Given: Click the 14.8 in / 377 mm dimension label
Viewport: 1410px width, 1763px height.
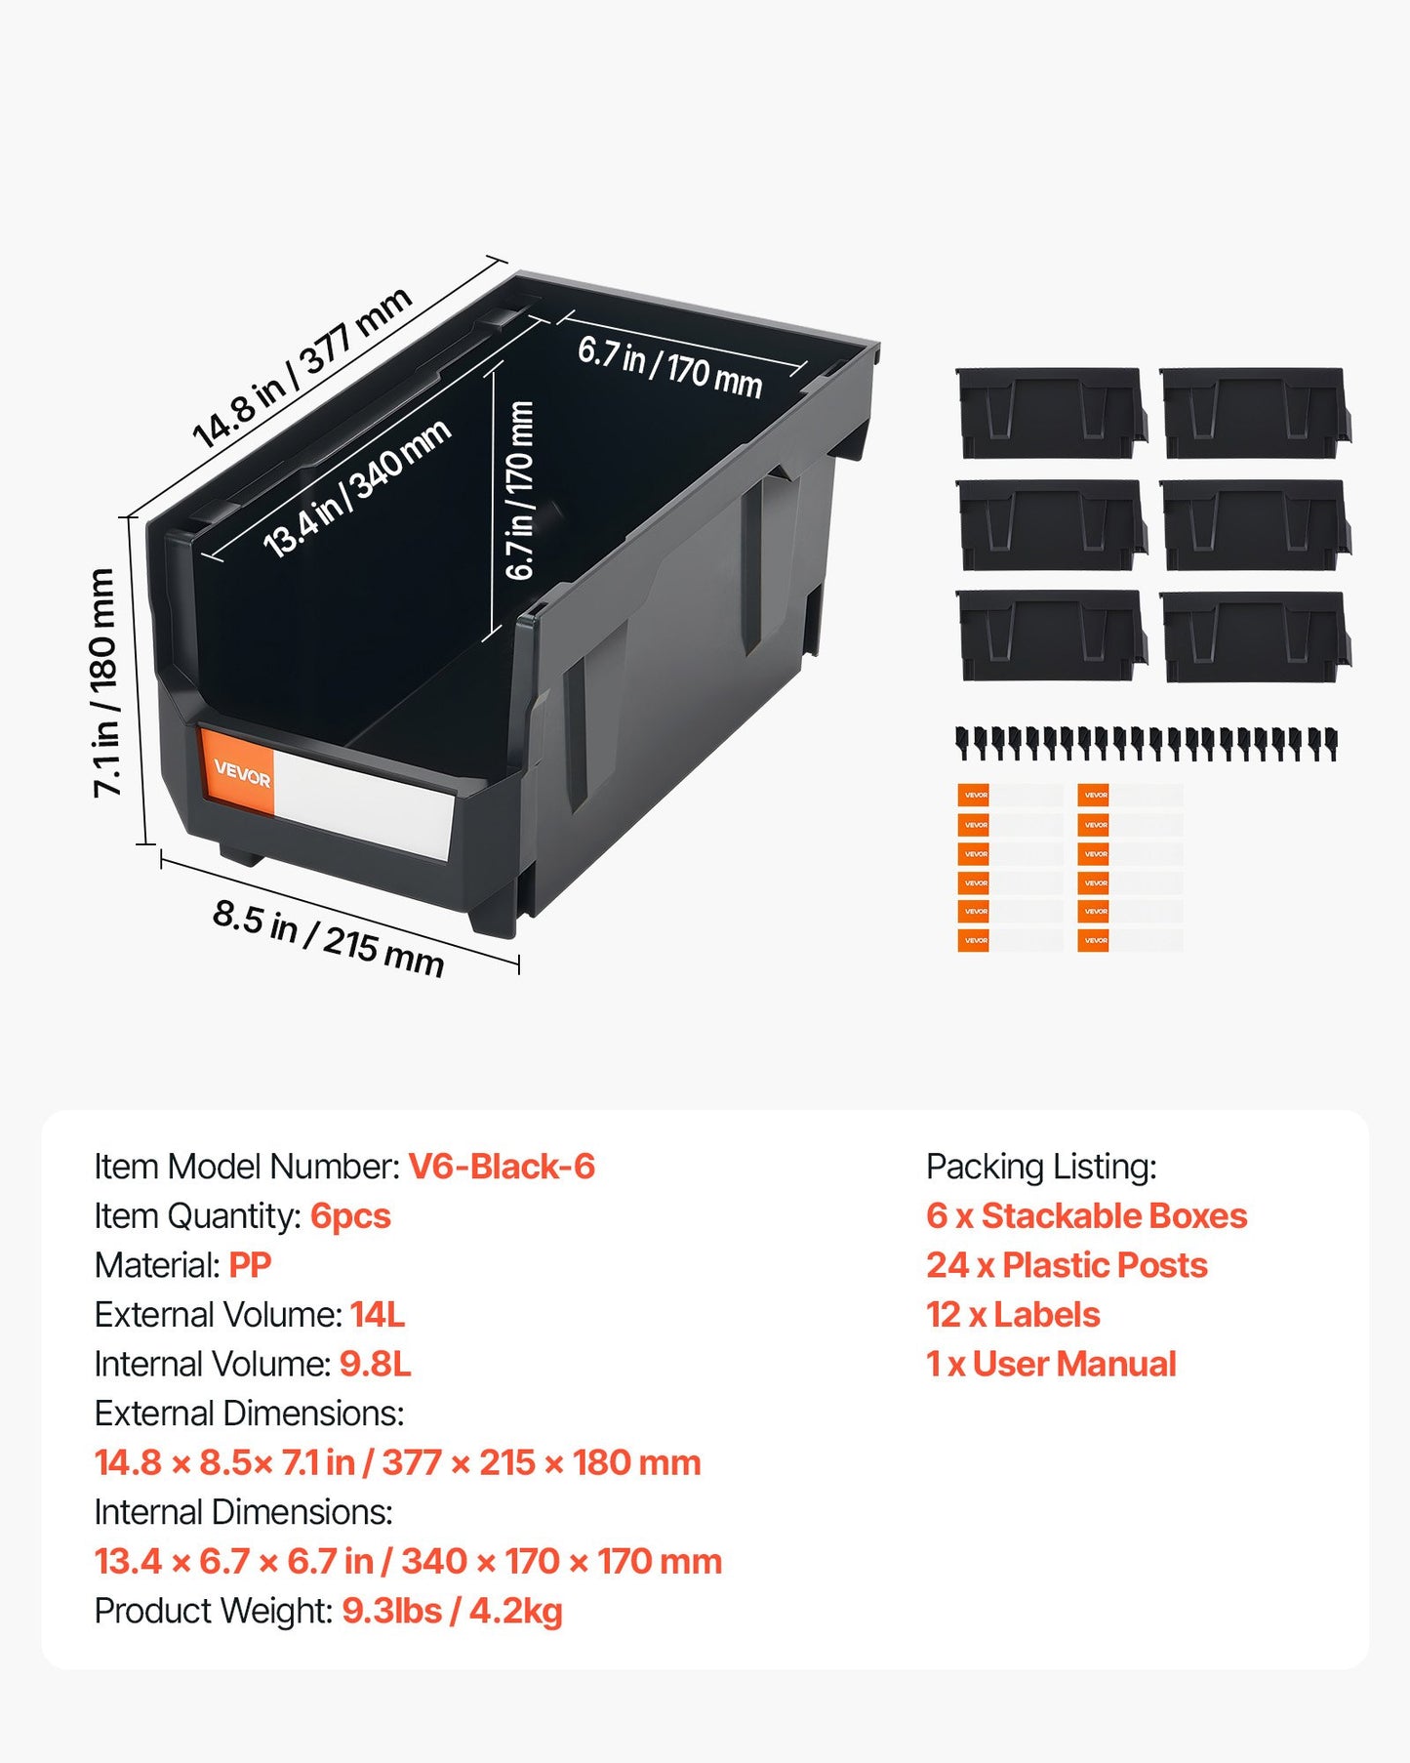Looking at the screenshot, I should coord(302,370).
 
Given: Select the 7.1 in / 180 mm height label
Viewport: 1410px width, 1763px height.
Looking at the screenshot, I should coord(104,682).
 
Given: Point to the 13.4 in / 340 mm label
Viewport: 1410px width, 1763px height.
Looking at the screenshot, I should coord(357,488).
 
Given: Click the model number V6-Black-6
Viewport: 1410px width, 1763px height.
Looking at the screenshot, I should coord(502,1167).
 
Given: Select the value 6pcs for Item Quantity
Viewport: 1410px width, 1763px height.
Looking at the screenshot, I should coord(350,1216).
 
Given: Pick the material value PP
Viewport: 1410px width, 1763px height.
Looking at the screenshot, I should coord(250,1265).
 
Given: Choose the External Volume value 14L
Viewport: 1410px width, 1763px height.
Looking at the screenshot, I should coord(378,1315).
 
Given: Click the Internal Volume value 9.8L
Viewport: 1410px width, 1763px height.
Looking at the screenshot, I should coord(376,1364).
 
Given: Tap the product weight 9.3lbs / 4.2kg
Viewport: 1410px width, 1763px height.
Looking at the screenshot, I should coord(452,1611).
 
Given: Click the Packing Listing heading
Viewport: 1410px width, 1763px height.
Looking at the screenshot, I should coord(1041,1167).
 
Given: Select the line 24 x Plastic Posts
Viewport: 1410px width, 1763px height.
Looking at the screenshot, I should coord(1067,1265).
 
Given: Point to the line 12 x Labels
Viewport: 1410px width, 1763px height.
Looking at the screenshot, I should coord(1013,1315).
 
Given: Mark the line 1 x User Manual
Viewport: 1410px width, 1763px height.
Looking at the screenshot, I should coord(1051,1364).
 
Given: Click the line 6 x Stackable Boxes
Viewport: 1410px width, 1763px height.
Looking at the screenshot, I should coord(1086,1216).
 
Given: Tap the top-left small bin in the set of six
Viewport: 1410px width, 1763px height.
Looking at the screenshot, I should coord(1051,413).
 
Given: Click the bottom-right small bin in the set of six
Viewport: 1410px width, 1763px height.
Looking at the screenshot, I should coord(1256,636).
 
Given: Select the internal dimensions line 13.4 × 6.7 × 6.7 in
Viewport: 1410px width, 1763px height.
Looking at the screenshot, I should coord(408,1561).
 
